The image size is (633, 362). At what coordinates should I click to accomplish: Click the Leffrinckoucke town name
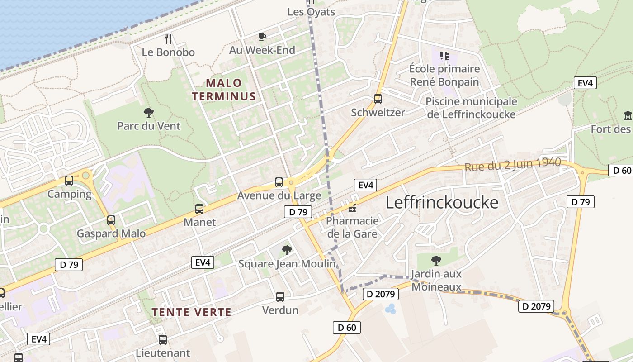(442, 202)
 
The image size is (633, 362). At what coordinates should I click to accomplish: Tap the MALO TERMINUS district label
(224, 90)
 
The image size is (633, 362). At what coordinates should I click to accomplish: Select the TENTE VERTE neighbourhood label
(192, 312)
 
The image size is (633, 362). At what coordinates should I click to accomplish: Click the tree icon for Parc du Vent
(148, 112)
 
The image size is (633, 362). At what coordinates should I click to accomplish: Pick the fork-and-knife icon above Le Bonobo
(168, 39)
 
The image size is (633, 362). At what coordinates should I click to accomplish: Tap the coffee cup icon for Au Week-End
(262, 37)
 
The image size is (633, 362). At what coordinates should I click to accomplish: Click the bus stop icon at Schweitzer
(378, 99)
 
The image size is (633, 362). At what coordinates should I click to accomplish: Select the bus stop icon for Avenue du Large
(279, 182)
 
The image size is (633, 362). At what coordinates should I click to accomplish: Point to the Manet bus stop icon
(199, 209)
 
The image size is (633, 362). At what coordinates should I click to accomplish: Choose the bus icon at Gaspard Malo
(111, 220)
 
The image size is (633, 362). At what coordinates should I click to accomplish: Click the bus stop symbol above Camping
(69, 181)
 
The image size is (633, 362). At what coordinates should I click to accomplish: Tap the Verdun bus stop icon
(280, 297)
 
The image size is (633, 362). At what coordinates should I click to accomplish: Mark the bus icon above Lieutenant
(163, 339)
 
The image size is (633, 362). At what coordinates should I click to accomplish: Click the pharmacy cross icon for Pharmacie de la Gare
(352, 209)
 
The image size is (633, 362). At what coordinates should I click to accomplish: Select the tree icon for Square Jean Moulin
(287, 250)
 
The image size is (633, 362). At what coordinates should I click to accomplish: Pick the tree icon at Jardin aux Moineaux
(436, 260)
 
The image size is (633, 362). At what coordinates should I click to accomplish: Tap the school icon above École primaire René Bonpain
(444, 56)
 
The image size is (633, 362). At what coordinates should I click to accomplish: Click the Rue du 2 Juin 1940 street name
(513, 164)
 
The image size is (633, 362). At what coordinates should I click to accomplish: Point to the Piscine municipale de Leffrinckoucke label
(471, 108)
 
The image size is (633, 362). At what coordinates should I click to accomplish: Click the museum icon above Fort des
(628, 116)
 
